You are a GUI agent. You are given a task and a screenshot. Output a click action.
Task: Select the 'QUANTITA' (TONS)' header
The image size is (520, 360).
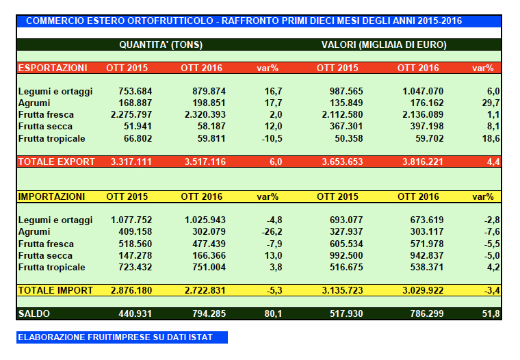tap(161, 45)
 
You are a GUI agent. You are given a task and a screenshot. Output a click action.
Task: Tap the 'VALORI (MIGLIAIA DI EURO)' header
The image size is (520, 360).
tap(384, 45)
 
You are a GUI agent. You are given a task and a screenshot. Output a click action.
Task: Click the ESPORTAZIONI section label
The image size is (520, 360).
tap(53, 68)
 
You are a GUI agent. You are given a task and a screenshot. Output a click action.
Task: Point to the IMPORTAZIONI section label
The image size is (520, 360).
tap(51, 197)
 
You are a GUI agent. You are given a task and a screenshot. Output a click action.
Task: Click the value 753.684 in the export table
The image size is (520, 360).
tap(131, 91)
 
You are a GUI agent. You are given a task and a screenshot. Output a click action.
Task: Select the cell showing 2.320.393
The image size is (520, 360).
tap(203, 115)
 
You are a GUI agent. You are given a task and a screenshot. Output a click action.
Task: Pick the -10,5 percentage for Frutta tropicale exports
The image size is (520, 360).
tap(272, 138)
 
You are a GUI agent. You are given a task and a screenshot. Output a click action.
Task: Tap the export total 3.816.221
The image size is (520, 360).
tap(419, 162)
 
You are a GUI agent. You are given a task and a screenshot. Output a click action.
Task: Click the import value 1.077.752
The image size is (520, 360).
tap(131, 220)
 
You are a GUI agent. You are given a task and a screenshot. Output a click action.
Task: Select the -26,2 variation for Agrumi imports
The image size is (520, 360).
tap(272, 232)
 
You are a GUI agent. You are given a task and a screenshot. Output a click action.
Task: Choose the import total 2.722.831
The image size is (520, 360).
tap(203, 290)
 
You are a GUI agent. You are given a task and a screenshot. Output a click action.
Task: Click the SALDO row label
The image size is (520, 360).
tap(34, 313)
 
